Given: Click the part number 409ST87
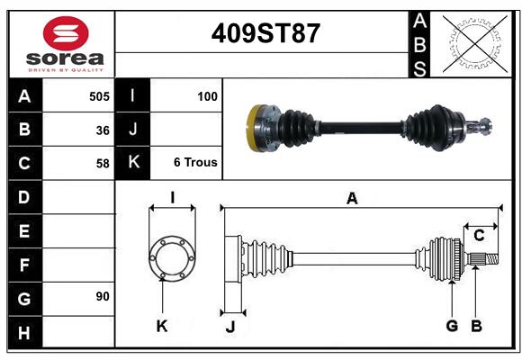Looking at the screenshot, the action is pos(265,33).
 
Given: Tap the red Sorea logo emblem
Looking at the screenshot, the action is pos(66,33).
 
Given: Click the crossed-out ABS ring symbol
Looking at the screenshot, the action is pos(475,44).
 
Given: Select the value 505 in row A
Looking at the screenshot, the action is pos(99,96).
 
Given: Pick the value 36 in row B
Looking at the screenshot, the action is pos(103,130).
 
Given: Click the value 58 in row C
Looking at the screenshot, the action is pos(103,164).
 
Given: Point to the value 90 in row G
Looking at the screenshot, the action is pos(103,296).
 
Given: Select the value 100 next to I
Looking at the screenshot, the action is pos(207,96).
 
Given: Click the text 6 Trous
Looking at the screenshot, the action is pos(195,162).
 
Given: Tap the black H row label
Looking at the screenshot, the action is pos(25,332).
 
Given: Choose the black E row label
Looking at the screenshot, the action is pos(25,230).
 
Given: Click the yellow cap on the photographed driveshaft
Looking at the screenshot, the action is pos(254,128).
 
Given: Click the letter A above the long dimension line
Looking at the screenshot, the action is pos(352,199).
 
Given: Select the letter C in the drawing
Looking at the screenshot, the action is pos(479,236).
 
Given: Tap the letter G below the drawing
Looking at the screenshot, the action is pos(452,326).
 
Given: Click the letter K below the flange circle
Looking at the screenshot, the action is pos(162,326).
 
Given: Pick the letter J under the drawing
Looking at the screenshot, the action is pos(230,327).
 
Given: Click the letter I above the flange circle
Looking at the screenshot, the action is pos(173,197).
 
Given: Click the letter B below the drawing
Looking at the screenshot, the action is pos(476,326).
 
